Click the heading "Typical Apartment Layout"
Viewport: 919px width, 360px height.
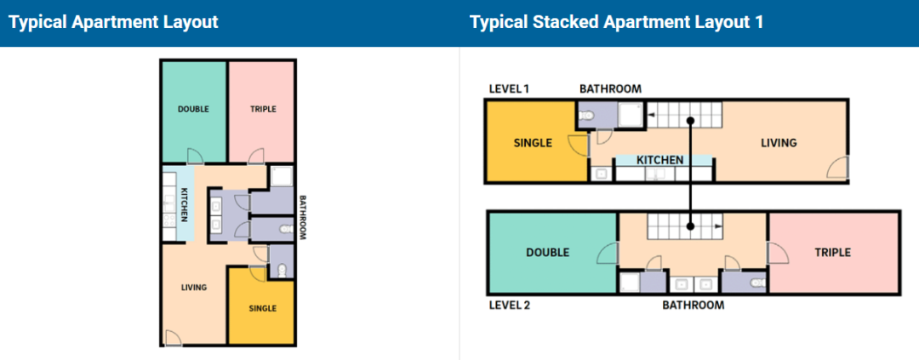click(114, 22)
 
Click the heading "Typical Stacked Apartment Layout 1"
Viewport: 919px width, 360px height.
click(617, 22)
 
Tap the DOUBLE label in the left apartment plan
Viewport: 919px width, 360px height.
click(193, 108)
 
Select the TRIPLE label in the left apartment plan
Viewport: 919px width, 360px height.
click(263, 108)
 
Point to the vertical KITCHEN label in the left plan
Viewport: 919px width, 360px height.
click(184, 205)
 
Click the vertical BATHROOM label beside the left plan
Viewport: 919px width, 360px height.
click(303, 218)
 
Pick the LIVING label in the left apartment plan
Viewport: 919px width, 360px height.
click(193, 288)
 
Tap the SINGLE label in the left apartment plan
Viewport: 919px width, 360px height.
click(263, 308)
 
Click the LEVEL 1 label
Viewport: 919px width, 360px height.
click(510, 89)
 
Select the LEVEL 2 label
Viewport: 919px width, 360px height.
click(511, 305)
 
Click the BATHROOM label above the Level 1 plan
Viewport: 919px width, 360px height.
click(611, 89)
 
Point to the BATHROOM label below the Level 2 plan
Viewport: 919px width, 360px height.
click(694, 305)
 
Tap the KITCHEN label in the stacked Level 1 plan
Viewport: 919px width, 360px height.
click(660, 160)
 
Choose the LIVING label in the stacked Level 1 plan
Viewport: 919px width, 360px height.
click(779, 142)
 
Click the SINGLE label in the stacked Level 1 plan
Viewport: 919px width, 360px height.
click(533, 142)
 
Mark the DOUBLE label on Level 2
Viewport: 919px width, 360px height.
click(547, 253)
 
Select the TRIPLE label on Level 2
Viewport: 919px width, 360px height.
click(833, 253)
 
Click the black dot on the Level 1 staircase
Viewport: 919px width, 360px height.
click(691, 121)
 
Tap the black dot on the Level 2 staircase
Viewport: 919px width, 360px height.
click(691, 226)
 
